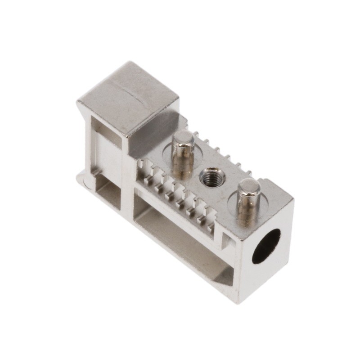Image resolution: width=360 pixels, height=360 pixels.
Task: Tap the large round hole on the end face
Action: [x=266, y=246]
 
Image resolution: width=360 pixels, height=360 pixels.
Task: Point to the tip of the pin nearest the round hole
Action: [x=249, y=186]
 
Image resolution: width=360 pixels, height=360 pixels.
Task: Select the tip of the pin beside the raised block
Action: [x=184, y=138]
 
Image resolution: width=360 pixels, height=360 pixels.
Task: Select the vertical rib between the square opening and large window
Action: [x=128, y=198]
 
